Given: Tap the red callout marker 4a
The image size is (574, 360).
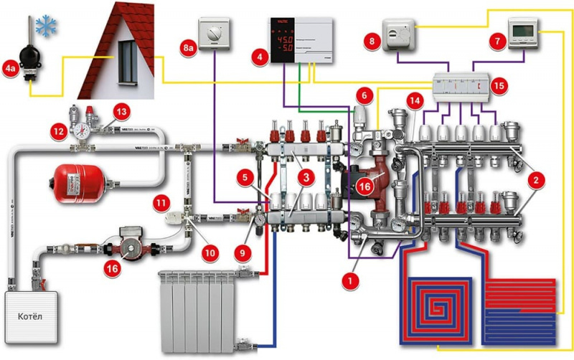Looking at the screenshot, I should point(12,70).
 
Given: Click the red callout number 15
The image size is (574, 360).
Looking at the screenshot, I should point(500,85).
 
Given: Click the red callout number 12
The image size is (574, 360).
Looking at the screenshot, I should point(57,132).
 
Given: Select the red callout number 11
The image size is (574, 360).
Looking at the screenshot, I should point(160,205).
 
